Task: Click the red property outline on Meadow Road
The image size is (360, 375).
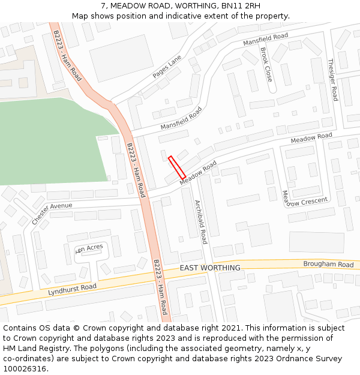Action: (x=177, y=167)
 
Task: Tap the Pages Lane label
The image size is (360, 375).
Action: (x=167, y=67)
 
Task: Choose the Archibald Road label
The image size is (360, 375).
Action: (x=200, y=221)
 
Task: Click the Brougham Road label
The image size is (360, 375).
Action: (x=328, y=265)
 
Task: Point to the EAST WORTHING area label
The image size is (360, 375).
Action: (x=210, y=268)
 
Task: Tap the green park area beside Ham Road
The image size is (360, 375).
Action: (x=48, y=141)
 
